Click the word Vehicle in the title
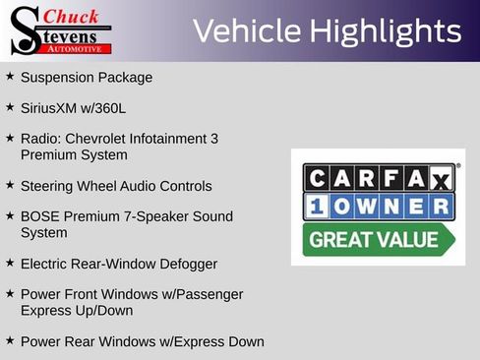245,30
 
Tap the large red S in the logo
24,31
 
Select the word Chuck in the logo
72,16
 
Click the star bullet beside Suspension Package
10,77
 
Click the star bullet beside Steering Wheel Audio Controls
10,185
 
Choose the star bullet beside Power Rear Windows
10,340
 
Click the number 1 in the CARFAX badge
317,207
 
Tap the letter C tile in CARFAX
317,178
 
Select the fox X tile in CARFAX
440,178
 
